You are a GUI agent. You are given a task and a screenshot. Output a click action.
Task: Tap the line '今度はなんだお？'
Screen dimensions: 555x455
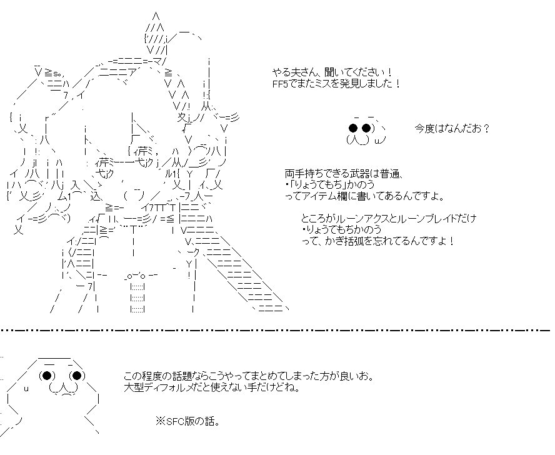[451, 129]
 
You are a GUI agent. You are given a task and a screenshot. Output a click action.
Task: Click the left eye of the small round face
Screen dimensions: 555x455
[353, 129]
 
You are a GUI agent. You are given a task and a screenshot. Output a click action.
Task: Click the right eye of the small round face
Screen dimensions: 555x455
[367, 129]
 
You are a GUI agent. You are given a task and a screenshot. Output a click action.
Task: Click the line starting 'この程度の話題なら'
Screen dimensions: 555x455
[249, 376]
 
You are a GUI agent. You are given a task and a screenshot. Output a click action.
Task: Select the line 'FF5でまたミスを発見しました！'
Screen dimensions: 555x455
[336, 83]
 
